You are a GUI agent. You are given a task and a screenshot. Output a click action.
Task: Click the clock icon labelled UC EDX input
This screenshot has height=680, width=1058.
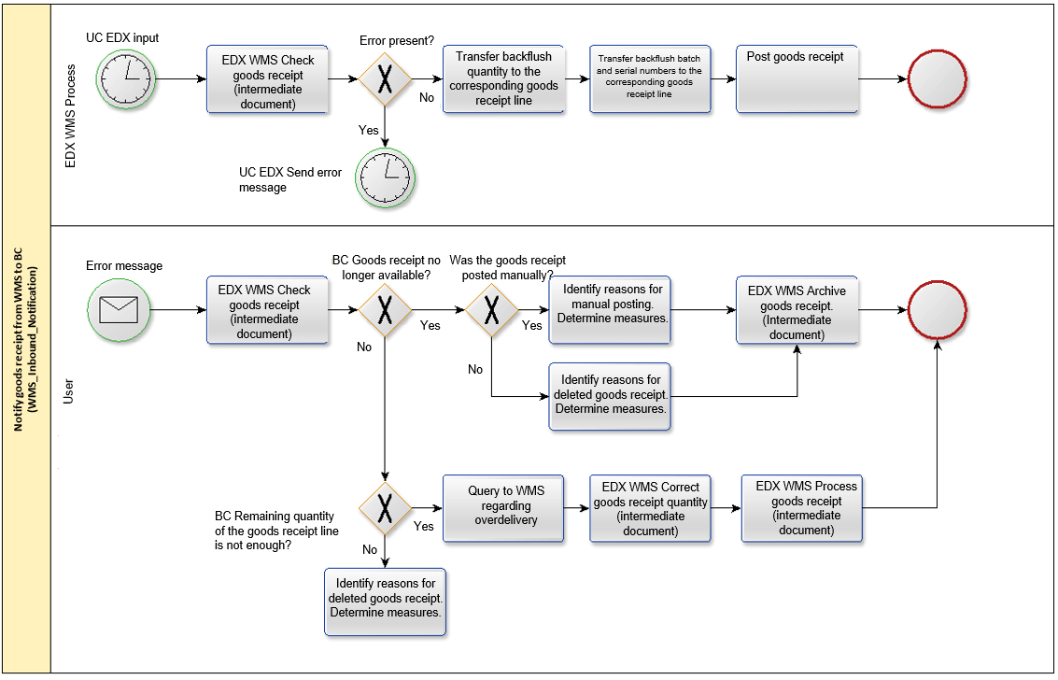pos(125,78)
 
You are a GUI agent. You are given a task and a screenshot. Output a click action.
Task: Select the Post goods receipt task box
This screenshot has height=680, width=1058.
pos(797,78)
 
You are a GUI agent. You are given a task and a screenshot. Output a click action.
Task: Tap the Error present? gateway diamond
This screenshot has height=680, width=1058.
pos(385,78)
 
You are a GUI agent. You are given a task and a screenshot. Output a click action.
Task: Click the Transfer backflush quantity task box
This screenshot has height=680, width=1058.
pos(503,78)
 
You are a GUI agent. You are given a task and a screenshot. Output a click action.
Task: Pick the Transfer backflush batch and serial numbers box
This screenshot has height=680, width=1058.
pos(650,78)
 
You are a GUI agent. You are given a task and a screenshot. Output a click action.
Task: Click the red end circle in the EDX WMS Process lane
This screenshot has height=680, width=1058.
pos(938,78)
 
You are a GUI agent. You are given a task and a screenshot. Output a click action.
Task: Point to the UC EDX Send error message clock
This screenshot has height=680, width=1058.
pos(385,178)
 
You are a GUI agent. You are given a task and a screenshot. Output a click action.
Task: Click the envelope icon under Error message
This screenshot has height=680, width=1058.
pos(119,310)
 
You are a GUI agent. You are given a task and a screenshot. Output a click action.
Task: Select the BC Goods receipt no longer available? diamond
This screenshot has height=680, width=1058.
pos(385,310)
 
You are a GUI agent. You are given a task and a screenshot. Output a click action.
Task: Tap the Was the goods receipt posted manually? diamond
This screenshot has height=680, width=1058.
pos(492,310)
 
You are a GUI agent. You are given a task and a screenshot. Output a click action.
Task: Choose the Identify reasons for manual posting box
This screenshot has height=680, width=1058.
pos(610,310)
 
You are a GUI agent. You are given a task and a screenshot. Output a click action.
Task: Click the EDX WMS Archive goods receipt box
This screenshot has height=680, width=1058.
pos(797,310)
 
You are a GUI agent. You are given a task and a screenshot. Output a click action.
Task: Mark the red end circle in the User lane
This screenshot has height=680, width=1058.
pos(938,310)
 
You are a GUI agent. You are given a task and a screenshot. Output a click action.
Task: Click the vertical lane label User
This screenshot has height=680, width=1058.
pos(68,392)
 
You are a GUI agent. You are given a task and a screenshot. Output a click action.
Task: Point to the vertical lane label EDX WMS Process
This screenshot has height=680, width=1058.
pos(70,116)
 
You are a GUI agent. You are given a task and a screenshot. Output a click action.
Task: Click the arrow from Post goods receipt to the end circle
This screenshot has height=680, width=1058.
pos(882,78)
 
